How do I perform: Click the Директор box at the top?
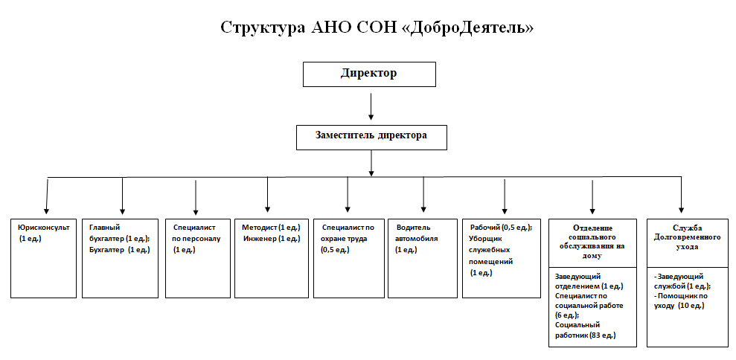pos(369,74)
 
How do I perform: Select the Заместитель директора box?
pos(371,138)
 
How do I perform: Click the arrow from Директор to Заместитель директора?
pos(371,106)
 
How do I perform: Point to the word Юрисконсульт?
pos(44,227)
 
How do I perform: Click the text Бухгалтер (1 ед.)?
pos(119,250)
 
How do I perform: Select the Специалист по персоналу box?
pos(198,258)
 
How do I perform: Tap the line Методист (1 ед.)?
pos(271,227)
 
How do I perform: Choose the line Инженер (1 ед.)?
pos(272,239)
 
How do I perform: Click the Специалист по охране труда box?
pos(348,258)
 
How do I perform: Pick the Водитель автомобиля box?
pos(423,258)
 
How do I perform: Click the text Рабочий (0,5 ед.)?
pos(501,227)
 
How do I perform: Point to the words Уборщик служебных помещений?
pos(491,250)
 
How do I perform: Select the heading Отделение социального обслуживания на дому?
pos(592,242)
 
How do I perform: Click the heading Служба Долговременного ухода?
pos(687,237)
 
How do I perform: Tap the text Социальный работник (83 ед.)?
pos(586,330)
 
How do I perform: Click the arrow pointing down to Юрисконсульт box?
pos(47,196)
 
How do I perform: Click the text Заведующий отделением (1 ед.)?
pos(589,281)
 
